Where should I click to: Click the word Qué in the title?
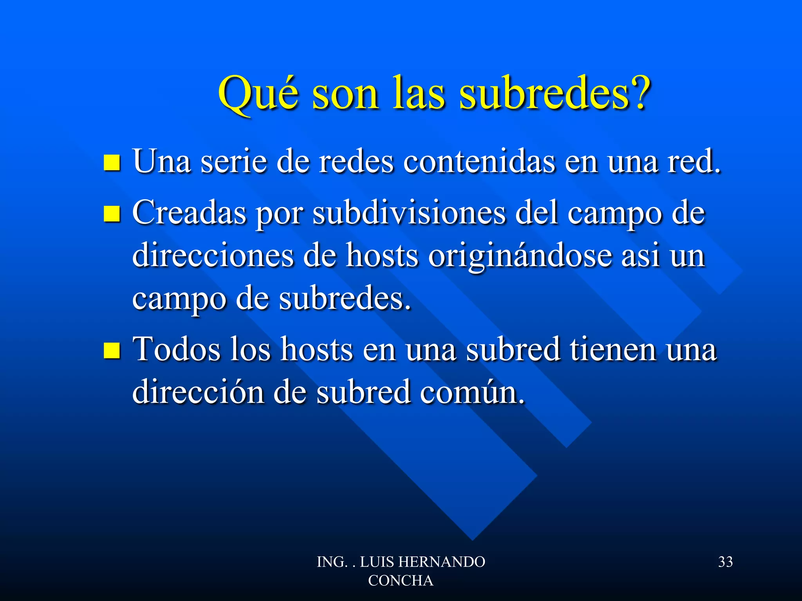[258, 94]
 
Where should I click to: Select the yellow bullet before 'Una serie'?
[112, 163]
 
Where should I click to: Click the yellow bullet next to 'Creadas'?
[112, 214]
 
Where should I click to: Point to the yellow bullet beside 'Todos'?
[112, 350]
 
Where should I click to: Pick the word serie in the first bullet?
[233, 161]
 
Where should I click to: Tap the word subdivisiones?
[409, 213]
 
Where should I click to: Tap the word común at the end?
[472, 392]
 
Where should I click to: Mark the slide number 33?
[725, 562]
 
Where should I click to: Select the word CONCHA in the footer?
[401, 581]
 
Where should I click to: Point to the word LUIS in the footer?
[377, 562]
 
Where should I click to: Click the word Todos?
[177, 349]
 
